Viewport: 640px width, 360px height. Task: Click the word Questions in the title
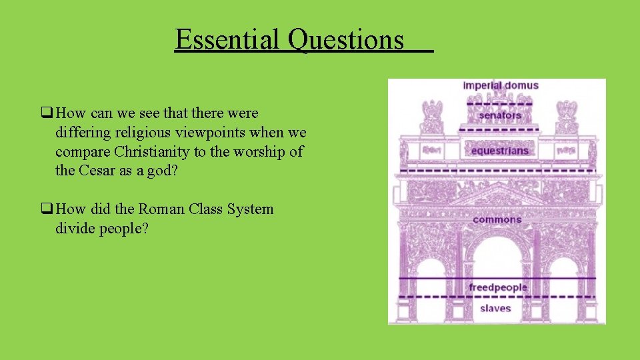point(346,40)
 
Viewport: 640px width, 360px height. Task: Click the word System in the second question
point(250,209)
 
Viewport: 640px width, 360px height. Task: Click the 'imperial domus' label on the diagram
point(501,85)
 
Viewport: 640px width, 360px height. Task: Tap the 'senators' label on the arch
point(499,115)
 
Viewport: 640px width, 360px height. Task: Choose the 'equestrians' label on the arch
point(499,150)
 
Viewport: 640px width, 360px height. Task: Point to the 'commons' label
point(497,219)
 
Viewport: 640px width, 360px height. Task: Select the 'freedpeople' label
point(497,287)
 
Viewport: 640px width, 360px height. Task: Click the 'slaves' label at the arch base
point(495,308)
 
